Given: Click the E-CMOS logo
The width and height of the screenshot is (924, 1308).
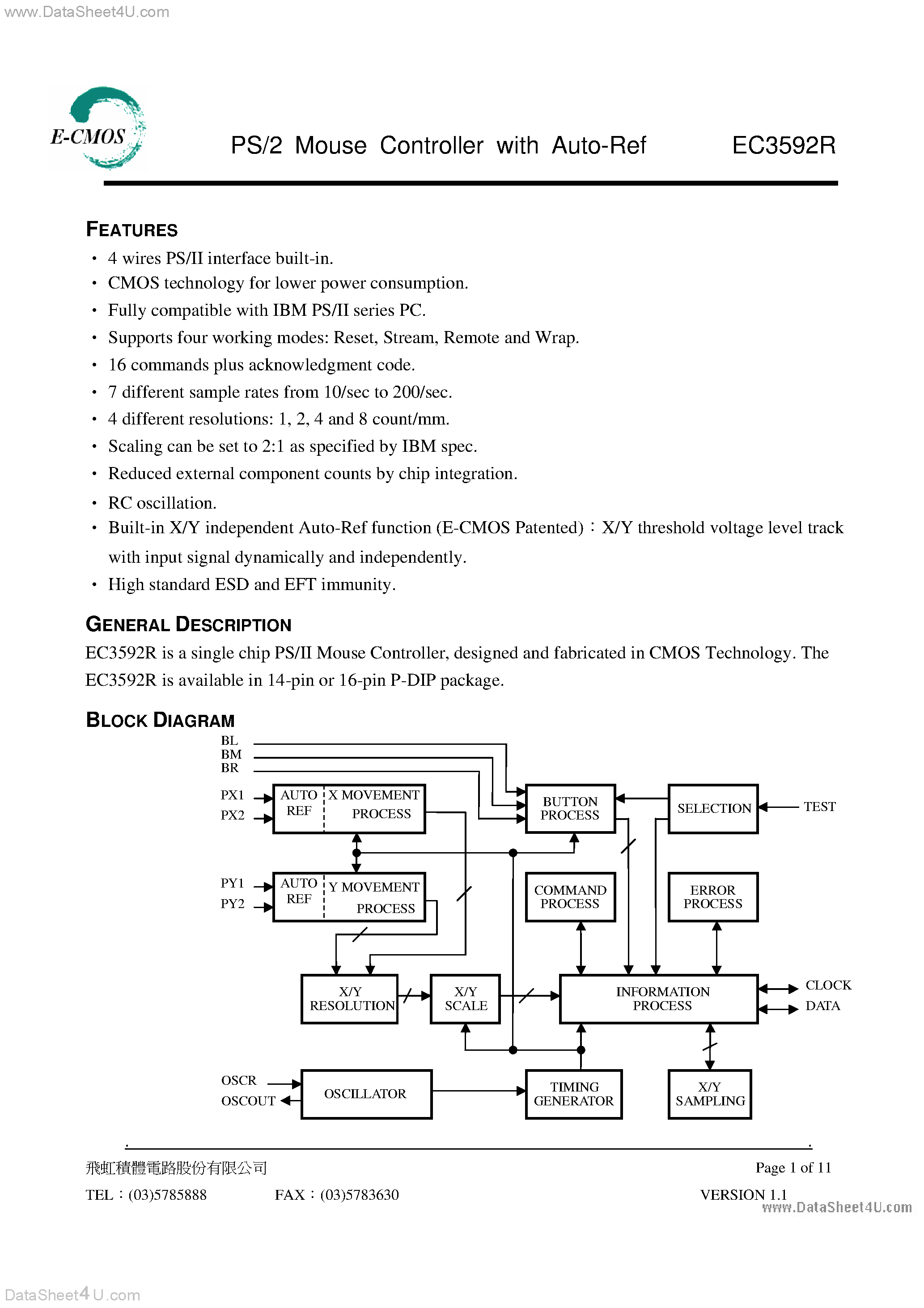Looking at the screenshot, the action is pos(98,128).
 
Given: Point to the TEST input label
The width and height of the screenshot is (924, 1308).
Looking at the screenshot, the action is pos(819,807).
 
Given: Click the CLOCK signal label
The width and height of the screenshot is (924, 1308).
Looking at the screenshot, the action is pos(828,985).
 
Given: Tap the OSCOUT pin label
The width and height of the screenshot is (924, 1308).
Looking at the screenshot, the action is pos(248,1100).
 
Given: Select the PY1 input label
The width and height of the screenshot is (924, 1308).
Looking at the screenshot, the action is pos(233,883).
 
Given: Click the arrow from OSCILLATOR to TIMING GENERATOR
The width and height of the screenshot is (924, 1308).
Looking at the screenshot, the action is pos(479,1091).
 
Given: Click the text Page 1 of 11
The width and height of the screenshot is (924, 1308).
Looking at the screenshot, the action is pos(793,1167).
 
